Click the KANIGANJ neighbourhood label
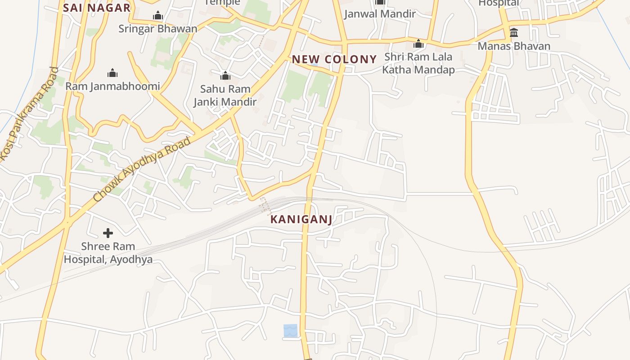[301, 220]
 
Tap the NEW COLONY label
[334, 59]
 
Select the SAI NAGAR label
[97, 8]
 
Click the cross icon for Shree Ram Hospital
[108, 233]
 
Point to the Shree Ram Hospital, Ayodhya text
[108, 253]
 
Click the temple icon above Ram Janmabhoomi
[112, 73]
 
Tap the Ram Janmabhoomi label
[112, 86]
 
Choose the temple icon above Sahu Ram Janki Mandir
[225, 76]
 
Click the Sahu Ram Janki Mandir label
[225, 95]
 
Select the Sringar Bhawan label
[157, 29]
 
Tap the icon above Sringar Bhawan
[157, 16]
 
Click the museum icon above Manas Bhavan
[514, 33]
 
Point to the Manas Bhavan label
[514, 46]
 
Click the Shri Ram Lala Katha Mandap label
[418, 63]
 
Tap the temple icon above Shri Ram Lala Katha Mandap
[418, 44]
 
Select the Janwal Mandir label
[380, 14]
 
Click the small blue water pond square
[290, 331]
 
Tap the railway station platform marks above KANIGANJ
[265, 206]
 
